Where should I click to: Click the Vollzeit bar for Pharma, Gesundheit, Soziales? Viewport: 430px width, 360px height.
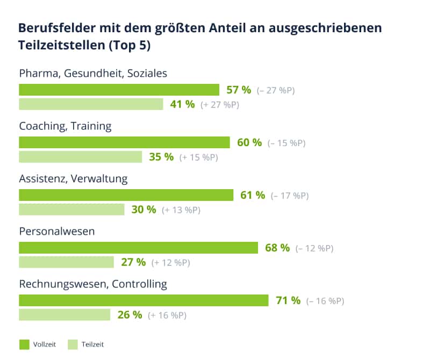(x=119, y=90)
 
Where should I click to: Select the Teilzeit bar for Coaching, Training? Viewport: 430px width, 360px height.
(x=81, y=157)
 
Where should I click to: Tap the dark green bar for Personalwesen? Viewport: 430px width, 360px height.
(x=138, y=248)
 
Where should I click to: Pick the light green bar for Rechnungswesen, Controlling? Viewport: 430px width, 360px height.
(x=64, y=315)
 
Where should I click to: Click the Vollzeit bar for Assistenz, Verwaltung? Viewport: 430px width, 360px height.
(x=126, y=195)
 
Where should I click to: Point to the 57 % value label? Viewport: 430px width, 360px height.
(x=239, y=90)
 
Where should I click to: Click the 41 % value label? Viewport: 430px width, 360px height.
(x=182, y=104)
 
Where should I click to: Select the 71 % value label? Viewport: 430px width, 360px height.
(x=288, y=300)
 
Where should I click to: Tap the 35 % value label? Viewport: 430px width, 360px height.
(x=161, y=157)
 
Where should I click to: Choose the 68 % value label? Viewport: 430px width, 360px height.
(x=277, y=248)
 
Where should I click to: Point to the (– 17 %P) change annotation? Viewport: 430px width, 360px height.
(x=290, y=196)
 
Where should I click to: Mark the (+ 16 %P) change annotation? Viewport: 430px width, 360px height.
(x=167, y=315)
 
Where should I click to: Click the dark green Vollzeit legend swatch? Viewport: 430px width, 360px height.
(x=24, y=344)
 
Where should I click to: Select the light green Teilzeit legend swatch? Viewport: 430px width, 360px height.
(x=73, y=344)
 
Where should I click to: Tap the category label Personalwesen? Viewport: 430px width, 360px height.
(x=57, y=232)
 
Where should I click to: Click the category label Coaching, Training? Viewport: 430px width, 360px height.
(x=65, y=126)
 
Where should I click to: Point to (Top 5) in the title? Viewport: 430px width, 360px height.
(x=129, y=46)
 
